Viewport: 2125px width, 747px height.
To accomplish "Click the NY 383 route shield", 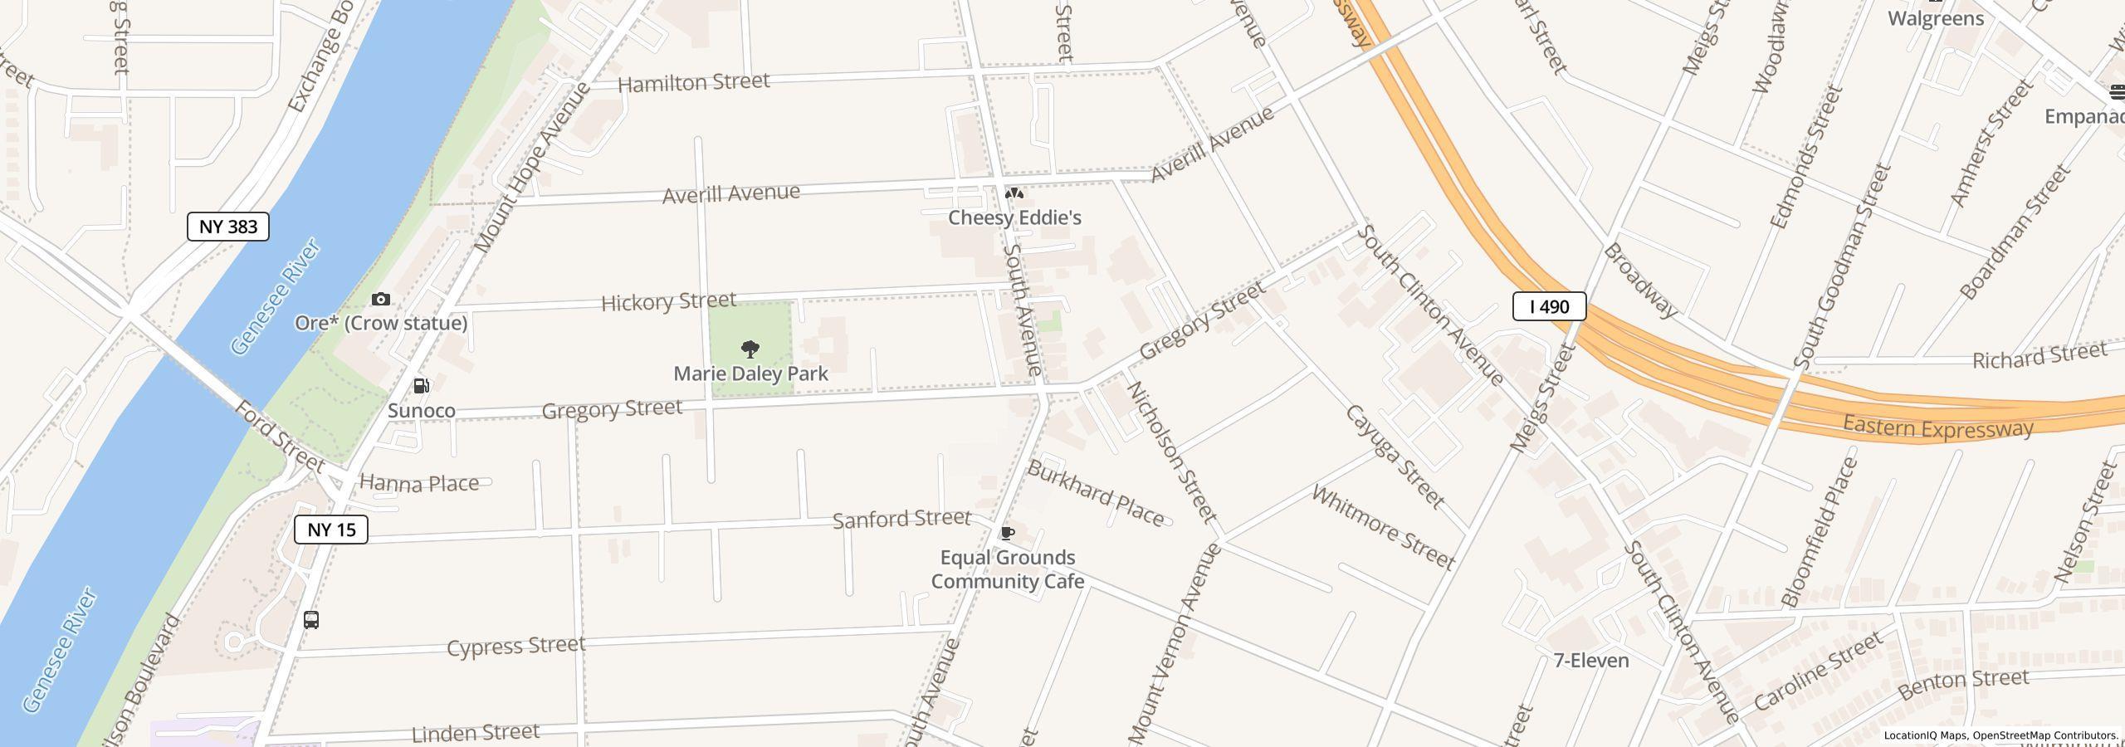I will tap(228, 227).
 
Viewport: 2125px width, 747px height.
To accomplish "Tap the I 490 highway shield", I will tap(1549, 306).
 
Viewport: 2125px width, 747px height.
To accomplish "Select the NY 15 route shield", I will tap(331, 530).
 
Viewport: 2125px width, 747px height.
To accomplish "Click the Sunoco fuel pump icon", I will tap(422, 386).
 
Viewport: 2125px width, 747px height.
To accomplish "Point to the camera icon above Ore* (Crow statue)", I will tap(381, 299).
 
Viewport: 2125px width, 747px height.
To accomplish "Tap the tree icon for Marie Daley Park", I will tap(750, 349).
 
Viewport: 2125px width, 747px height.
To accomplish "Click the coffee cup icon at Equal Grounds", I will tap(1007, 533).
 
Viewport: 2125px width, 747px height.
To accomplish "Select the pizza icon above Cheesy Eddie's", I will tap(1014, 193).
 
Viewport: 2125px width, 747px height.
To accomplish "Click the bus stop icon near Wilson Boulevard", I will tap(311, 619).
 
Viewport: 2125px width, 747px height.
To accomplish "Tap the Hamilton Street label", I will tap(694, 83).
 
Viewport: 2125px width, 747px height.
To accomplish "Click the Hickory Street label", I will tap(668, 301).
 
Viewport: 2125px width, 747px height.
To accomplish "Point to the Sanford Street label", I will tap(901, 520).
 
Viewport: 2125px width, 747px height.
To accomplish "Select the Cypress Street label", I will tap(515, 646).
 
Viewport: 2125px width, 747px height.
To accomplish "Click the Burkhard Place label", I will tap(1096, 494).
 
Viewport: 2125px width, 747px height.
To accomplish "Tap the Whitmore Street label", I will tap(1383, 528).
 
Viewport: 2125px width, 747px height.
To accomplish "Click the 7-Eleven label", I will tap(1590, 661).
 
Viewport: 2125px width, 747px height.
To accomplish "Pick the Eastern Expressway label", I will tap(1937, 427).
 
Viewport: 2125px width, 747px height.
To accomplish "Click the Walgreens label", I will tap(1936, 18).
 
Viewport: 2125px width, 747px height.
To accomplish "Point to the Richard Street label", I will tap(2040, 356).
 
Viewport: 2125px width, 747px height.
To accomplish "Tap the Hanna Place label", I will tap(419, 483).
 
